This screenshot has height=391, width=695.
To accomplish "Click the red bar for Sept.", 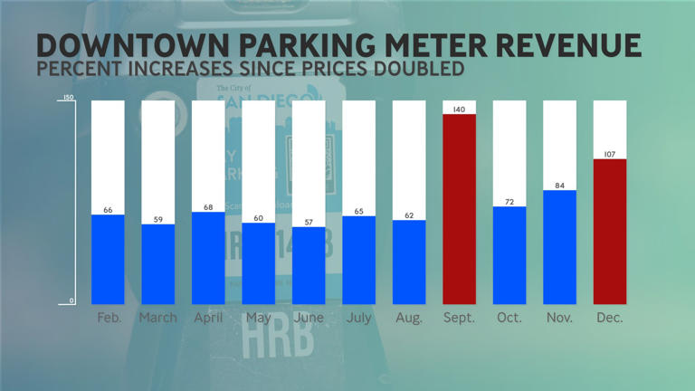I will [x=459, y=209].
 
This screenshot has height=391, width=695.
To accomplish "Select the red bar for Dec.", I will [x=609, y=232].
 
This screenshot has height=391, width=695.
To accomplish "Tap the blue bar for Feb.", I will [x=108, y=260].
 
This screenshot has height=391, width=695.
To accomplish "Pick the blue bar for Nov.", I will [x=559, y=247].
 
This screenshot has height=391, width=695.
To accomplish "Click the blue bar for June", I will [x=309, y=265].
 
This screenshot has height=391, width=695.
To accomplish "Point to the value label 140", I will [x=459, y=110].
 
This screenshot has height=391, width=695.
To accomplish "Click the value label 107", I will [x=609, y=154].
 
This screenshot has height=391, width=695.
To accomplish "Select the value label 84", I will [x=559, y=186].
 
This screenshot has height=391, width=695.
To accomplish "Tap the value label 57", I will [x=309, y=222].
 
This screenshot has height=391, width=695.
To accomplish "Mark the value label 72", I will [x=509, y=202].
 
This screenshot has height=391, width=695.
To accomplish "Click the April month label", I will [x=208, y=319].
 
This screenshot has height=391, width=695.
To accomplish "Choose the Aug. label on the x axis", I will [x=409, y=319].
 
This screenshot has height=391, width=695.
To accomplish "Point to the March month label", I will [x=158, y=319].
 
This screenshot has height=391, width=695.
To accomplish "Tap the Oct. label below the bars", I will [x=509, y=319].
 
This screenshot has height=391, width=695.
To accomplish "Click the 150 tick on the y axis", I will [x=67, y=99].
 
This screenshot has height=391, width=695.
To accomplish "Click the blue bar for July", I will [x=358, y=260].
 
